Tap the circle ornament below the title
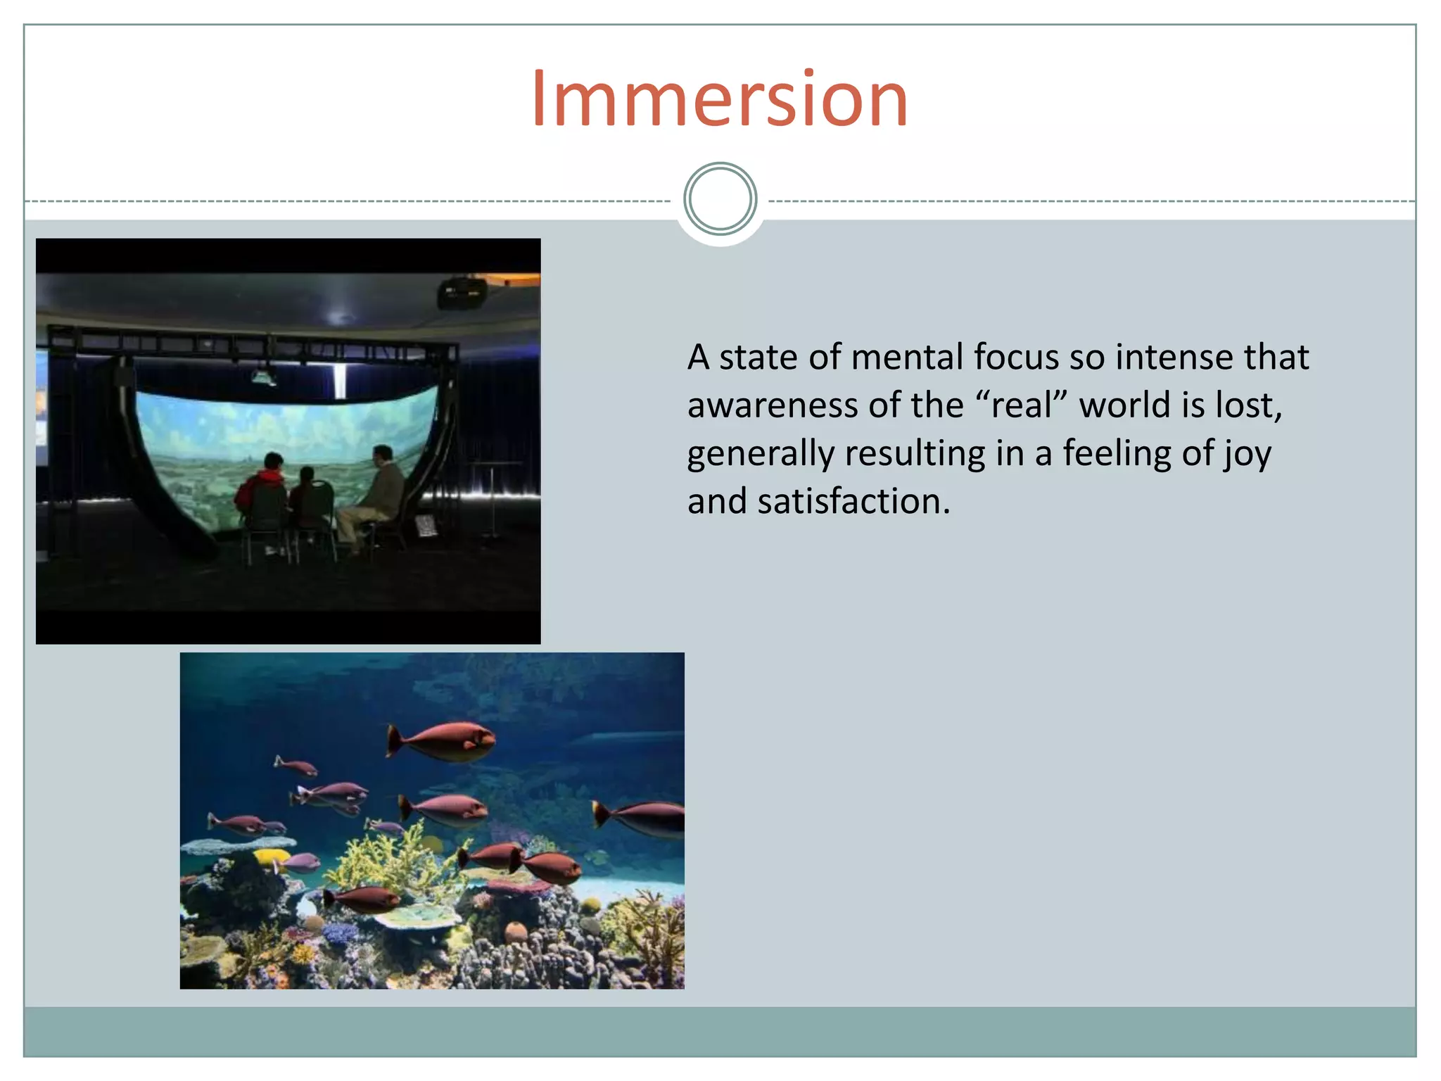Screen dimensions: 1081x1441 tap(720, 199)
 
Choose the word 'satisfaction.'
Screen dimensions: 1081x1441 tap(853, 502)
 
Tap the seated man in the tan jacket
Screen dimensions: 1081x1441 tap(377, 493)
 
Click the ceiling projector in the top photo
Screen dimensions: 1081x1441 tap(462, 291)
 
